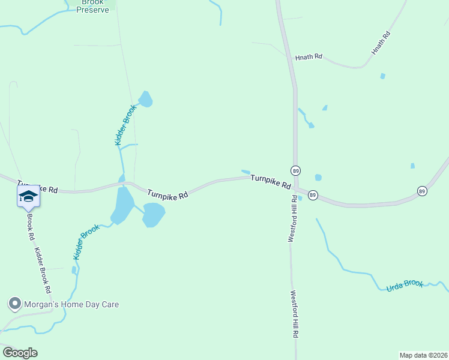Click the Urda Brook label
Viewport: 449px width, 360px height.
tap(405, 285)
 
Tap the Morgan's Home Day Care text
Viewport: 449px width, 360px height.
tap(71, 304)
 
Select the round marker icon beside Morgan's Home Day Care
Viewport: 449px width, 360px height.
tap(14, 304)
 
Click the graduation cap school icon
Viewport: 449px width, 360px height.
tap(28, 196)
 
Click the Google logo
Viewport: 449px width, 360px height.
tap(19, 353)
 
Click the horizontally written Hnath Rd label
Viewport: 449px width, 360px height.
tap(309, 57)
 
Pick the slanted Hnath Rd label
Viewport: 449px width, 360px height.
tap(381, 44)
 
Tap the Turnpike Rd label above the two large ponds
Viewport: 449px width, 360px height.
tap(167, 194)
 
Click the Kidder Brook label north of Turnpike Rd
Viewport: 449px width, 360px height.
tap(126, 125)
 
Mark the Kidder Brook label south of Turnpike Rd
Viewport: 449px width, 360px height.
tap(85, 242)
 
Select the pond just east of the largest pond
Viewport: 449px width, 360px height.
tap(154, 214)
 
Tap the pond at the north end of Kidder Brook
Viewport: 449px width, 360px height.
tap(146, 98)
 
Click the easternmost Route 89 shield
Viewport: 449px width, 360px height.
tap(423, 191)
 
